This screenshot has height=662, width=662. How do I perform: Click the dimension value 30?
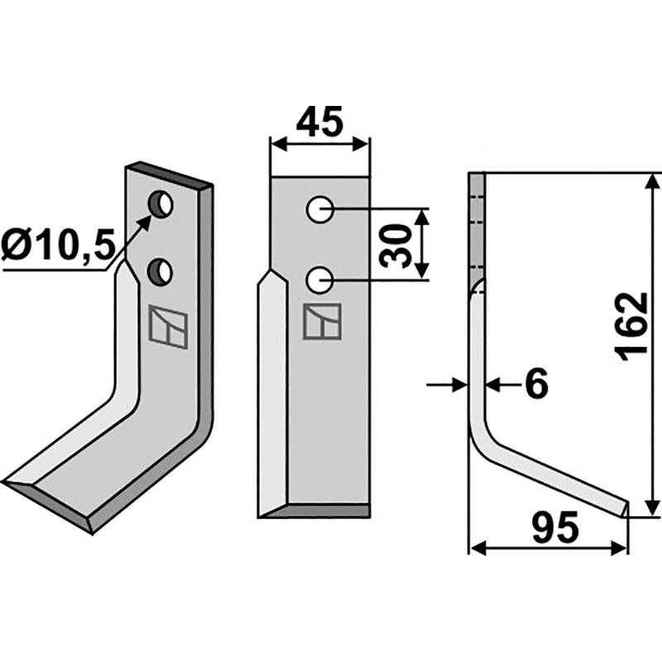401,244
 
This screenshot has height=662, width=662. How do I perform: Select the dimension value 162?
632,324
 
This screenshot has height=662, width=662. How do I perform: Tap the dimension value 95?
554,527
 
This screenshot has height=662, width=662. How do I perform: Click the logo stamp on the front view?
321,321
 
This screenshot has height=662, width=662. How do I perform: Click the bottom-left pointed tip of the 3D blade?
7,482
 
